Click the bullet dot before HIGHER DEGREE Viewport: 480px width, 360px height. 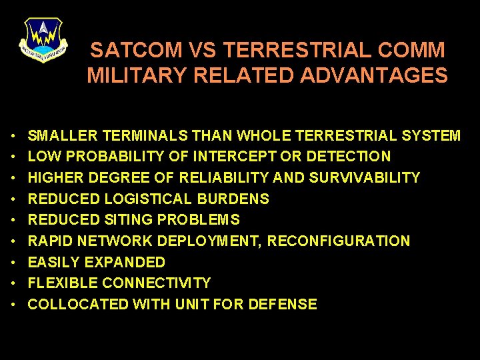point(14,178)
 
